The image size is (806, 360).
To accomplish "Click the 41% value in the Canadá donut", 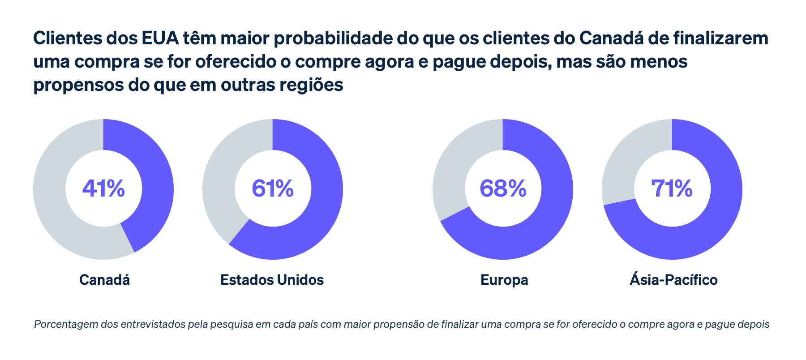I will [x=103, y=189].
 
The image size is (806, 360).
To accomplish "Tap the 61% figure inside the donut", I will [x=273, y=189].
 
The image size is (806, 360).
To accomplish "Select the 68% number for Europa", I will [x=503, y=189].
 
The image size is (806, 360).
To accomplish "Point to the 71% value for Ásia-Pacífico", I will [x=672, y=189].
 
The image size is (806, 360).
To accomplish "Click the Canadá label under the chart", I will [x=104, y=280].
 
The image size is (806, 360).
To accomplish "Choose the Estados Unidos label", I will [x=272, y=280].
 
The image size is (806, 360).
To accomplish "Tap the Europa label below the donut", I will [x=504, y=280].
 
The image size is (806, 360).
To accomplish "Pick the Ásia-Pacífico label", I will [x=673, y=280].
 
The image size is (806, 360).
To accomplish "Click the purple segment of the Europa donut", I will [x=546, y=215].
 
